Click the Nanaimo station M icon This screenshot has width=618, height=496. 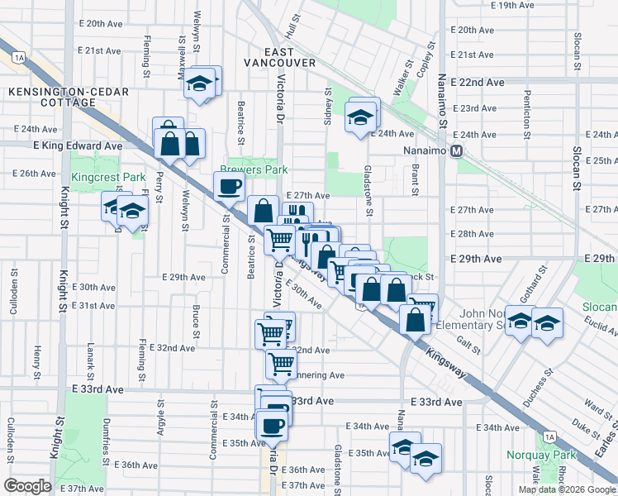(x=467, y=151)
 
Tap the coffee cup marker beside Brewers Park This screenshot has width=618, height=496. (x=229, y=186)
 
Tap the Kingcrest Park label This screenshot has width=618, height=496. (x=107, y=177)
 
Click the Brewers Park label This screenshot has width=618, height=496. (x=253, y=169)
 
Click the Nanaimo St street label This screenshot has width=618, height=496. (x=443, y=107)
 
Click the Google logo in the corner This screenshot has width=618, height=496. (x=28, y=486)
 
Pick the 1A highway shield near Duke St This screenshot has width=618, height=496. (x=549, y=436)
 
